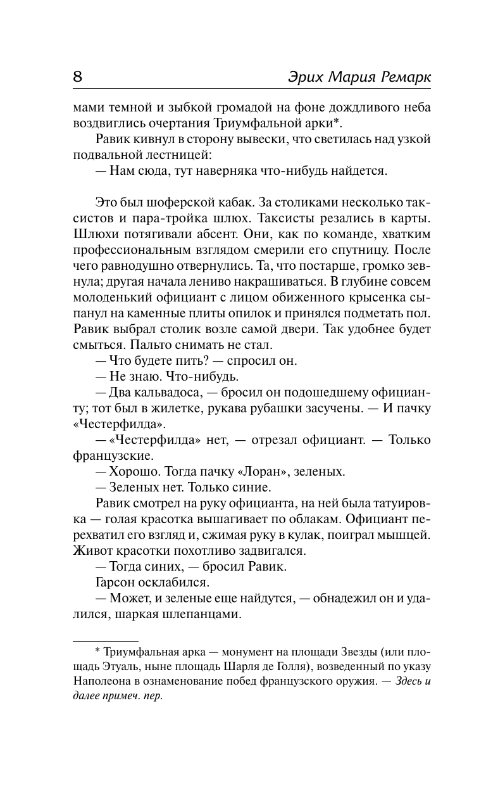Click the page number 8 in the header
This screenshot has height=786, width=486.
(78, 77)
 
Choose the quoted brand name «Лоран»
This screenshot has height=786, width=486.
(259, 471)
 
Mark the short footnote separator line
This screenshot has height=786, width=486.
(106, 640)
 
